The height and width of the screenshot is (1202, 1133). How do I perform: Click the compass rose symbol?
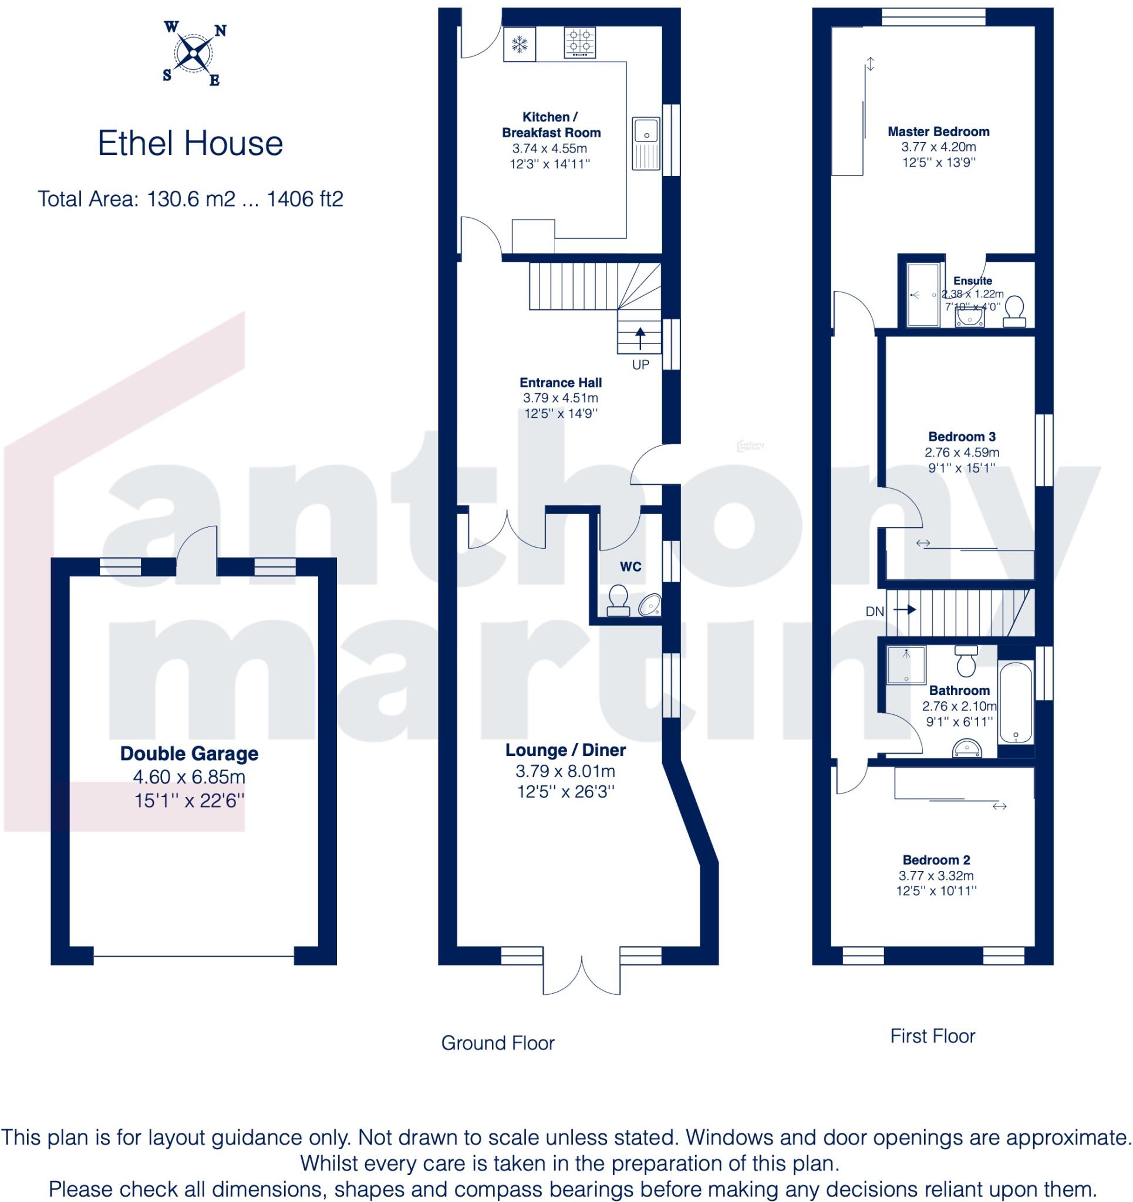click(x=193, y=53)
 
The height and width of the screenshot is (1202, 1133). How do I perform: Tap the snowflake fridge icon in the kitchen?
click(x=519, y=44)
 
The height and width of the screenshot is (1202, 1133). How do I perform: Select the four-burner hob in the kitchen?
click(x=579, y=43)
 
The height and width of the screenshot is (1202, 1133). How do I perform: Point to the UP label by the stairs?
click(x=640, y=364)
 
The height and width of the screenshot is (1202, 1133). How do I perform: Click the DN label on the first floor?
click(x=874, y=612)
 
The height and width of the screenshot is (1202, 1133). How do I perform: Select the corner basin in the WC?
click(x=650, y=605)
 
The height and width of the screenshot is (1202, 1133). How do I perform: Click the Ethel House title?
click(x=191, y=144)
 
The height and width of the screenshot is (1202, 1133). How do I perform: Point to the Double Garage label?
click(x=190, y=754)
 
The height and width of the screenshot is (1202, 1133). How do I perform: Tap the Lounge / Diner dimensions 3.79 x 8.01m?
click(x=565, y=771)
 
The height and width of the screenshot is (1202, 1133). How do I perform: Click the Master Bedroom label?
click(x=938, y=131)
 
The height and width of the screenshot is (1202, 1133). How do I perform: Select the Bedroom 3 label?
click(x=962, y=436)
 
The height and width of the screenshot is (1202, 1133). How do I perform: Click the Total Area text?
click(x=191, y=199)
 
